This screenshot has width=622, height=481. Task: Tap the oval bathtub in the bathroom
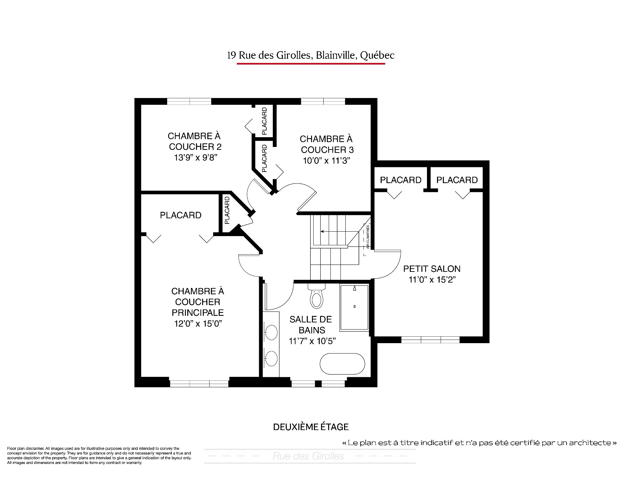(x=342, y=364)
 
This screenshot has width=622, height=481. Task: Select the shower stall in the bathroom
(x=354, y=308)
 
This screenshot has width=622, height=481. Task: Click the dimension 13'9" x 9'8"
(x=195, y=158)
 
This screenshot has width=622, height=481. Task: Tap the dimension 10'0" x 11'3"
(x=327, y=161)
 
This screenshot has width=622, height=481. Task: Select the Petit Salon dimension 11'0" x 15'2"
(x=432, y=280)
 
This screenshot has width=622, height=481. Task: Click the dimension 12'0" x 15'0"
(x=197, y=324)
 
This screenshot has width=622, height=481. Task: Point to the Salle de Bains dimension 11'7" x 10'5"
(x=312, y=341)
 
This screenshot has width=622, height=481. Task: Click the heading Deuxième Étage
(x=311, y=427)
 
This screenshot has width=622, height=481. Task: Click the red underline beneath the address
(x=311, y=64)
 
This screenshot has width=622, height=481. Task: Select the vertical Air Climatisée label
(x=368, y=237)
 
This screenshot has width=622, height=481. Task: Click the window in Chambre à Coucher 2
(x=189, y=101)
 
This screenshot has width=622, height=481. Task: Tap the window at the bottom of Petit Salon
(x=431, y=340)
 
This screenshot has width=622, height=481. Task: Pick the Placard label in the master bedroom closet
(x=181, y=215)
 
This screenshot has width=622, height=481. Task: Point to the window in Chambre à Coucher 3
(x=323, y=101)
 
